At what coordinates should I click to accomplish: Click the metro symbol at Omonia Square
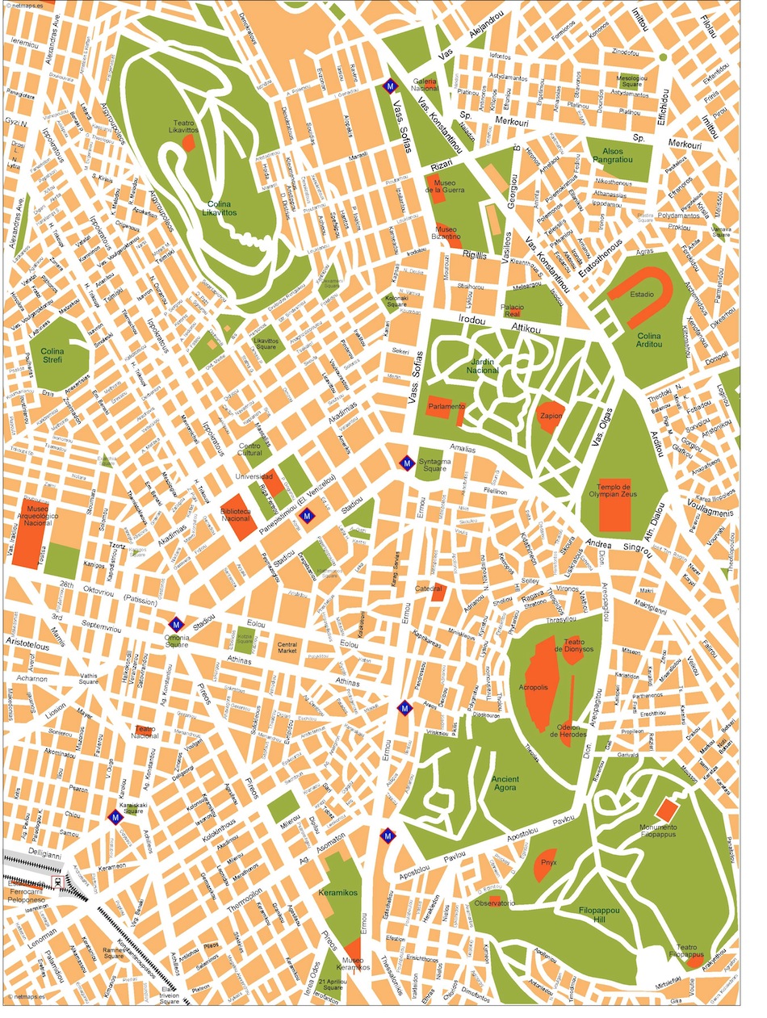176,624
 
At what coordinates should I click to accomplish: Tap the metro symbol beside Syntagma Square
405,463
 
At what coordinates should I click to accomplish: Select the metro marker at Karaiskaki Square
116,816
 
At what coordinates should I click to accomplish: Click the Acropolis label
534,687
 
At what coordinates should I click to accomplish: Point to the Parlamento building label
446,406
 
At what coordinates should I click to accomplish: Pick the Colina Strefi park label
52,356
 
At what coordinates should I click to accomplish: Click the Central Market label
287,647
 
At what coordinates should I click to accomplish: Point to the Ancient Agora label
505,784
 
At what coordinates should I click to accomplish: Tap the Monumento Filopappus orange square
667,810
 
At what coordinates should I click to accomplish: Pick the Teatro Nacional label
145,733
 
